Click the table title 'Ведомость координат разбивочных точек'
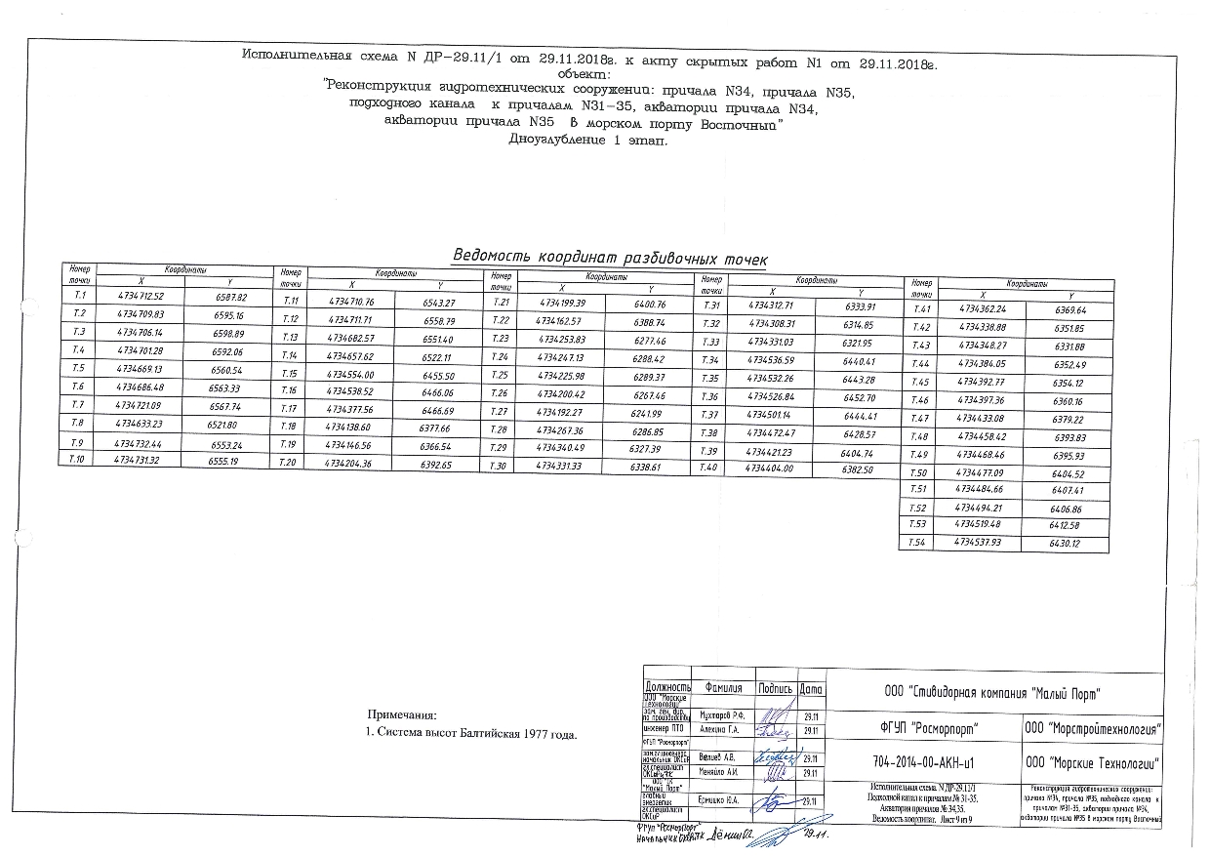pyautogui.click(x=609, y=257)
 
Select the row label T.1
pyautogui.click(x=80, y=294)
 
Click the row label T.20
pyautogui.click(x=289, y=463)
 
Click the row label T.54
pyautogui.click(x=915, y=542)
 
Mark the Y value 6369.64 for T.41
pyautogui.click(x=1064, y=309)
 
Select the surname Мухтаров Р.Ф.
pyautogui.click(x=722, y=714)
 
